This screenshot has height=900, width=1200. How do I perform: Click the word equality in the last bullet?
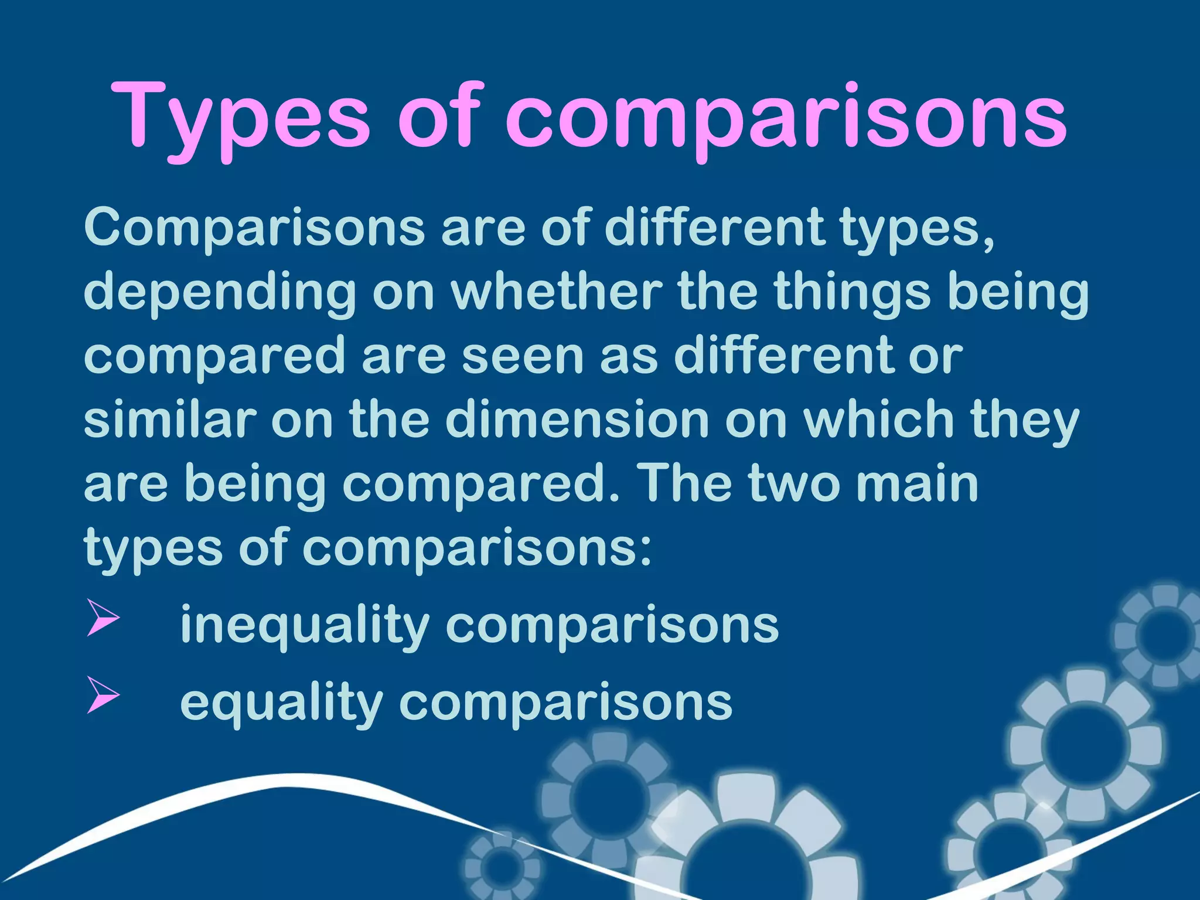[x=281, y=703]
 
